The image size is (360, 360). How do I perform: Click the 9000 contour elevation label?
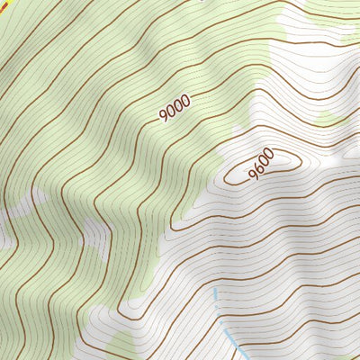pyautogui.click(x=175, y=110)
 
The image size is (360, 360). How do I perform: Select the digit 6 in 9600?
pyautogui.click(x=256, y=168)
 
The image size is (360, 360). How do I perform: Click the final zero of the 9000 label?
pyautogui.click(x=186, y=101)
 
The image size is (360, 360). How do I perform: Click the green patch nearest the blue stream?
pyautogui.click(x=121, y=346)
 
